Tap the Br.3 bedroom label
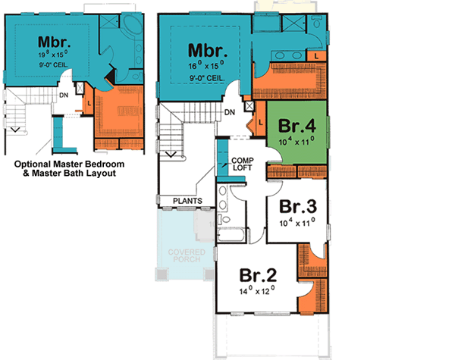298,206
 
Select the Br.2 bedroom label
256,275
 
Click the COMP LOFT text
242,164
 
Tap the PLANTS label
186,201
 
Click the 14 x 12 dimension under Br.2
257,291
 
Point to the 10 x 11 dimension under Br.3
298,222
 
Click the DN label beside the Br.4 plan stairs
229,113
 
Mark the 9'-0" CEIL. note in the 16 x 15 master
206,77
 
